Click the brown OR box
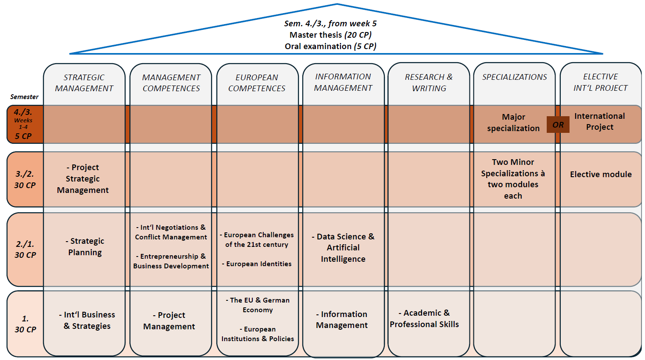click(x=558, y=125)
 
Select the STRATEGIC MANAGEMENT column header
click(x=84, y=83)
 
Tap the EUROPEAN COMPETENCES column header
click(x=257, y=83)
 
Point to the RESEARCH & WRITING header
click(x=429, y=82)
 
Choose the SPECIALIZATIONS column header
click(x=514, y=77)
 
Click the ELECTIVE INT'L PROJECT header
click(x=600, y=82)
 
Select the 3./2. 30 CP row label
click(x=25, y=179)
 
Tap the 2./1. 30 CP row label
click(x=25, y=249)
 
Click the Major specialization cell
click(x=513, y=123)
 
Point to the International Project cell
click(x=599, y=121)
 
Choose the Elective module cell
click(x=601, y=175)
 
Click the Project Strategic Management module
click(x=83, y=179)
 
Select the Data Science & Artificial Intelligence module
click(x=343, y=248)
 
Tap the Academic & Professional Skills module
click(x=424, y=319)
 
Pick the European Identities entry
click(x=258, y=264)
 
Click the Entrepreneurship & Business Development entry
click(x=171, y=261)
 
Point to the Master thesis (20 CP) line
click(x=330, y=35)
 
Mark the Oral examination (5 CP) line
click(x=330, y=46)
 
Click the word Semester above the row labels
click(x=24, y=97)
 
